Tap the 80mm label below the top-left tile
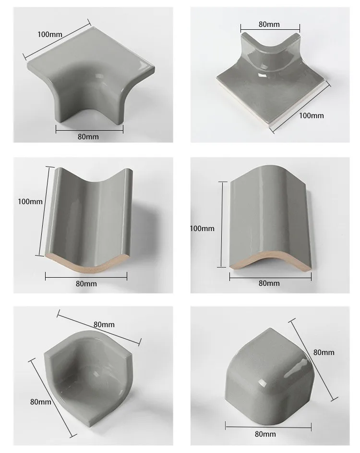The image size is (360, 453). [88, 137]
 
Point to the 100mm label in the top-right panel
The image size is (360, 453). [312, 115]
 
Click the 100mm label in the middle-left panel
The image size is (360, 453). [30, 202]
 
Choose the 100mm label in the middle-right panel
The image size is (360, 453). [202, 229]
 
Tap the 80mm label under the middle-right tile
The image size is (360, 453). [269, 283]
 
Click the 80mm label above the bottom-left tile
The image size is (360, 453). [104, 324]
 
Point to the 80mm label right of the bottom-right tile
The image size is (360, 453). [324, 352]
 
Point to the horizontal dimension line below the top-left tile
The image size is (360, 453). [89, 129]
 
